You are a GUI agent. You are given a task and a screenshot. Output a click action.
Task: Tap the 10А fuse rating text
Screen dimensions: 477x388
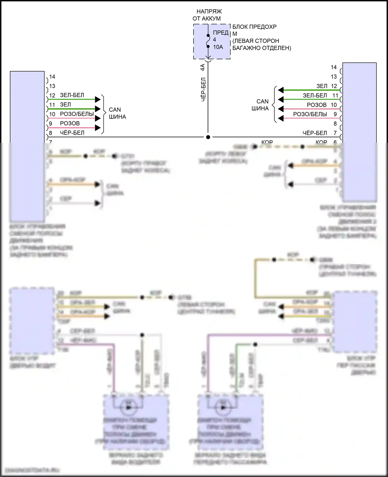coord(218,47)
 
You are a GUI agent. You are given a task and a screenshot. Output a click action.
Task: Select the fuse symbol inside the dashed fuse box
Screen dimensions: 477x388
coord(208,41)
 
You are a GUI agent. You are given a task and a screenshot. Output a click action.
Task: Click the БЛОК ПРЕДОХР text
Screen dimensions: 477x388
coord(254,27)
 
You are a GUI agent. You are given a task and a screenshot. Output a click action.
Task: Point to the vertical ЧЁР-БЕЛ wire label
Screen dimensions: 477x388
coord(203,89)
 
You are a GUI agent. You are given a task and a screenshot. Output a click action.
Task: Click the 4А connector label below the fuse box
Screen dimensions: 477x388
coord(203,67)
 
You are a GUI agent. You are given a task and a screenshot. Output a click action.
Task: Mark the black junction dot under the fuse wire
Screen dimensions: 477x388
coord(208,137)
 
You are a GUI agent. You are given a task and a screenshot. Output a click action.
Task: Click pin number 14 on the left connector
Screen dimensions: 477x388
coord(52,77)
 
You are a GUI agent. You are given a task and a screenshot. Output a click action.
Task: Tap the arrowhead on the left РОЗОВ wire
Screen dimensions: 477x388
coord(98,128)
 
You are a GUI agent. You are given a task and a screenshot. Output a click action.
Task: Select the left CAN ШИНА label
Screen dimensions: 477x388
coord(117,113)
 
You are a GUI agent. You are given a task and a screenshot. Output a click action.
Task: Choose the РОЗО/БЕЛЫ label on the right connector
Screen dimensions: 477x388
coord(310,114)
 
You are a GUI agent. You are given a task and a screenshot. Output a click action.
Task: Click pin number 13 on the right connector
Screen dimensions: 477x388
coord(334,77)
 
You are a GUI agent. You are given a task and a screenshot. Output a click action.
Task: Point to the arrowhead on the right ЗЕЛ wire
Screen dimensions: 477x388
coord(281,90)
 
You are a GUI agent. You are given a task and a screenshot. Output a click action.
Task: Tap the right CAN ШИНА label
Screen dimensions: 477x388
coord(260,105)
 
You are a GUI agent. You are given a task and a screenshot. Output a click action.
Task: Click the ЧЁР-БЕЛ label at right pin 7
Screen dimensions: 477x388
coord(315,133)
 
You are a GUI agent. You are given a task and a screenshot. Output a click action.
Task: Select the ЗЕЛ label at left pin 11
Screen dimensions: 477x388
coord(65,105)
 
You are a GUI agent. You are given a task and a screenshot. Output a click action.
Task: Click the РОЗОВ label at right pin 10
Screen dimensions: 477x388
coord(317,105)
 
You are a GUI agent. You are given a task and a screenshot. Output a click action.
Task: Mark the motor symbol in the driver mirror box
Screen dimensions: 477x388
coord(128,407)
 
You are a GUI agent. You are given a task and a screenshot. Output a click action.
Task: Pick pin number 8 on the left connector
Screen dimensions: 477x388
coord(51,133)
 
